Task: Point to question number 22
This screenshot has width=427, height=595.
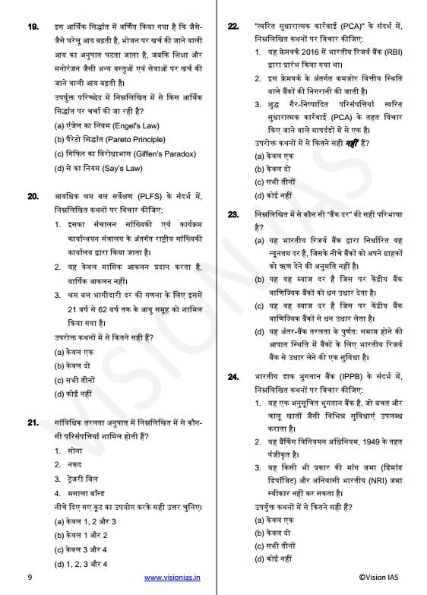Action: click(233, 28)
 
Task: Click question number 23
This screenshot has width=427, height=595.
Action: click(233, 216)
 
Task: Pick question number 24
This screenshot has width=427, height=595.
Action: click(233, 376)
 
